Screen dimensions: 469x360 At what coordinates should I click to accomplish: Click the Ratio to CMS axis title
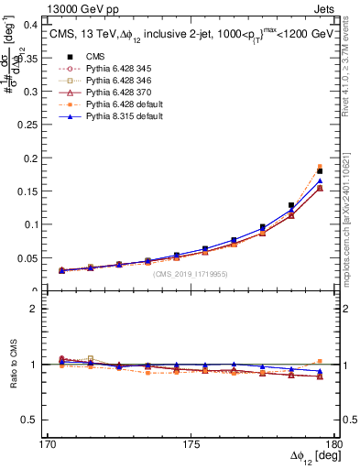coord(15,364)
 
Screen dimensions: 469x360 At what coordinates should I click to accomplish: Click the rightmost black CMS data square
coord(320,171)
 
